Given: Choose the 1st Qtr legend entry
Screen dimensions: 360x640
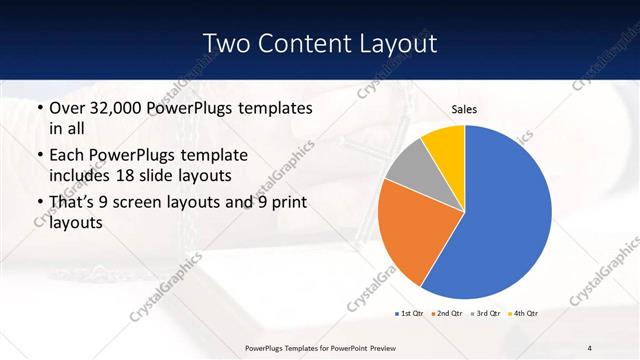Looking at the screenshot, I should click(x=410, y=313).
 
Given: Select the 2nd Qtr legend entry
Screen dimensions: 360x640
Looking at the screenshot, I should click(x=446, y=313).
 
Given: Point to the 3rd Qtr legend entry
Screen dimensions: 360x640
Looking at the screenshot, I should click(x=484, y=313).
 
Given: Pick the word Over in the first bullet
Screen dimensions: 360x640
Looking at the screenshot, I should click(x=67, y=107).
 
